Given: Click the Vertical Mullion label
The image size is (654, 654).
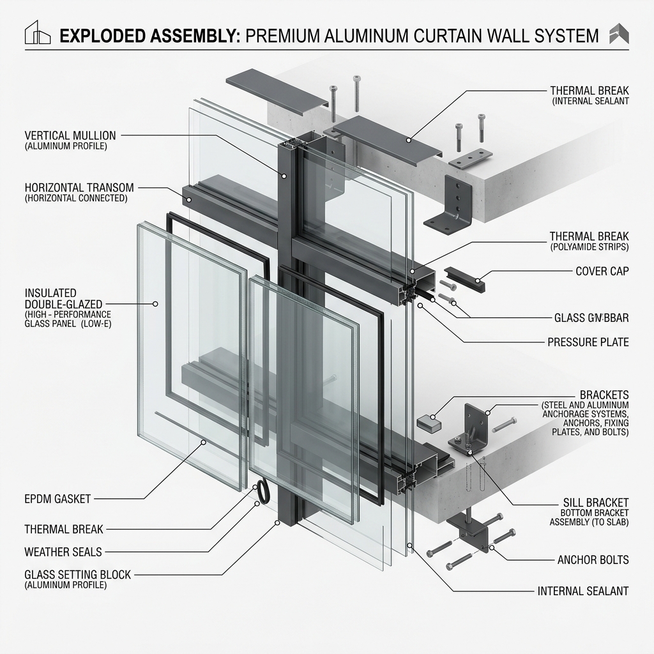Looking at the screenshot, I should (x=70, y=136).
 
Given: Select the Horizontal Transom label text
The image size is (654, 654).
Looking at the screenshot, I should (x=79, y=188).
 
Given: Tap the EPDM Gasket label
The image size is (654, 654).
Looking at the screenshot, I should (x=57, y=498).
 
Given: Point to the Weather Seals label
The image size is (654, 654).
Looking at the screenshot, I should (x=63, y=551).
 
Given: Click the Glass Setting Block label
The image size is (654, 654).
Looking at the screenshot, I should (x=77, y=575).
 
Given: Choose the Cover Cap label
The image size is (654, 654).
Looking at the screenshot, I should (x=602, y=271).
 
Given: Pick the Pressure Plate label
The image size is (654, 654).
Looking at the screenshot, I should (x=588, y=342).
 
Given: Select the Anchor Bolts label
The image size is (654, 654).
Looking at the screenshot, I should (x=593, y=560).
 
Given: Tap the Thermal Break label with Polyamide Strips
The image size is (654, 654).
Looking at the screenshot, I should (x=589, y=236).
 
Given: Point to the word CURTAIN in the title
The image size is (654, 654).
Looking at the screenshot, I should (x=446, y=35).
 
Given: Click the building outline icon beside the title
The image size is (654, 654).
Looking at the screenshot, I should (x=38, y=33).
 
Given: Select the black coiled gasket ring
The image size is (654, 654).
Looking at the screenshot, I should (x=261, y=492).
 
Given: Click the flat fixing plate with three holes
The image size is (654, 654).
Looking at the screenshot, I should (x=471, y=157).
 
